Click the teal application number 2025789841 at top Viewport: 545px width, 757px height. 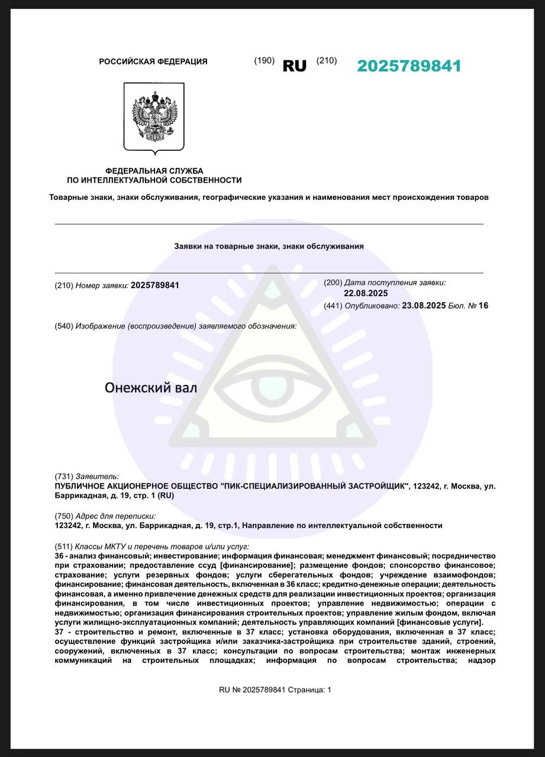409,66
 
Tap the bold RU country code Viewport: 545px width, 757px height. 295,66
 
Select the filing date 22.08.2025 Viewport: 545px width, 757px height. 366,293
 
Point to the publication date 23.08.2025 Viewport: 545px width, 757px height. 423,306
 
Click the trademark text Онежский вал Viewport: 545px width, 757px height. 151,388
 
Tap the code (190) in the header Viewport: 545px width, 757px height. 264,60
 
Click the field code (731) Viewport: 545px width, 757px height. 63,476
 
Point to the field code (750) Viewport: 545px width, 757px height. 63,516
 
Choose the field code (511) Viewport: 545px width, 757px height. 63,546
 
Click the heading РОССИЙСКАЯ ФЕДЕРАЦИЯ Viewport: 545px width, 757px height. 153,62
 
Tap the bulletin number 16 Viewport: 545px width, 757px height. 483,306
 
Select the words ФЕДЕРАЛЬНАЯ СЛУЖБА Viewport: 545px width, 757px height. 154,171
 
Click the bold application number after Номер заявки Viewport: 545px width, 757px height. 154,285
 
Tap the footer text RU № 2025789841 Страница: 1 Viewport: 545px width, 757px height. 275,690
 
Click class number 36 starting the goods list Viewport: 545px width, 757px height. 59,556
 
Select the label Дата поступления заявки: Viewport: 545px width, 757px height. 395,283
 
